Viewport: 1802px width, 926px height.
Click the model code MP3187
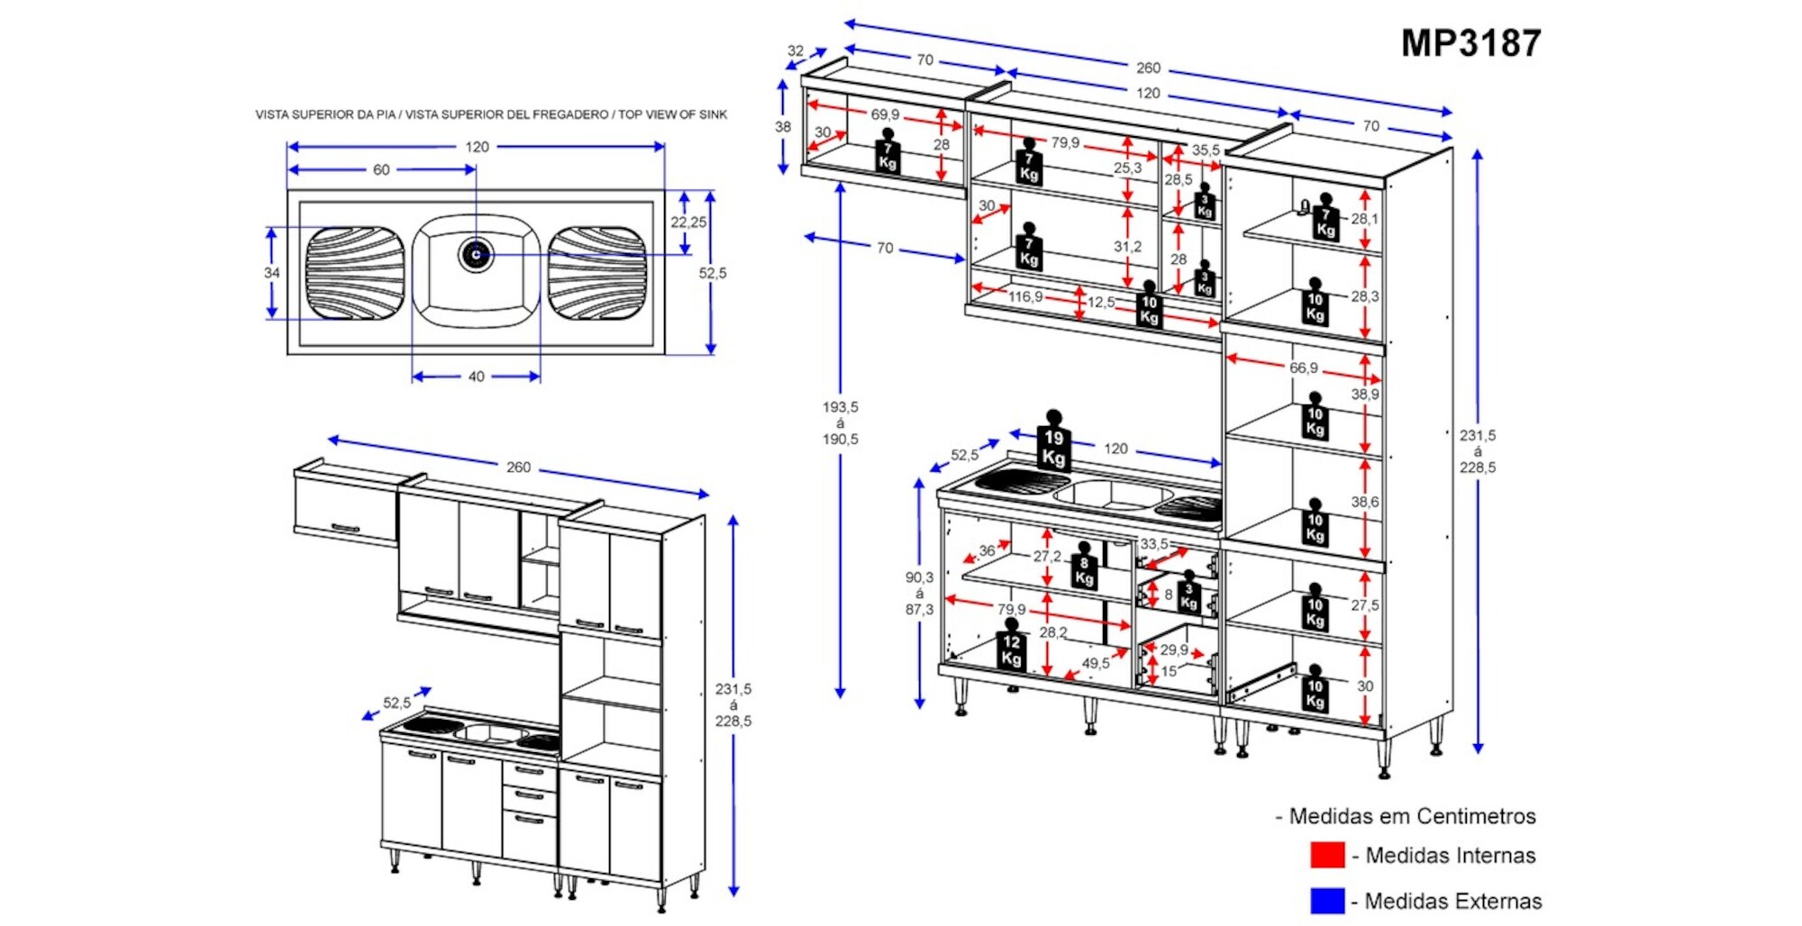1470,43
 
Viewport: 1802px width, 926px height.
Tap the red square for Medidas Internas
1327,855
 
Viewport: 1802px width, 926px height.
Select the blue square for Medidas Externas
1327,901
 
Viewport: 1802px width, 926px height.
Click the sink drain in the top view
476,254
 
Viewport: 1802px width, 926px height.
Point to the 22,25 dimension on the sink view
688,222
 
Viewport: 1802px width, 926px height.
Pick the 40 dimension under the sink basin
477,377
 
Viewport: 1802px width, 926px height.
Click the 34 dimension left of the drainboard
272,273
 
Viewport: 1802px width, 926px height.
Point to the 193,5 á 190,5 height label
840,423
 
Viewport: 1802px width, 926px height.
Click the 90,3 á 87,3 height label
919,594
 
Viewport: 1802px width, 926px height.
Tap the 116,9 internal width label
1025,296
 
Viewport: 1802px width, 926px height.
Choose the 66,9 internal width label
1303,368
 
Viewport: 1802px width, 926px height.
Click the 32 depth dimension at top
796,51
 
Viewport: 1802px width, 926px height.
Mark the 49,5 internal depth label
1096,663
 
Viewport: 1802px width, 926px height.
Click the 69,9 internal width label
885,114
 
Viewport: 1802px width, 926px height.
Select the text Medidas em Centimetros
1411,816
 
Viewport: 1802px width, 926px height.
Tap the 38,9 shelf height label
1364,394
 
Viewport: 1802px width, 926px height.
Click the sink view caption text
491,114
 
